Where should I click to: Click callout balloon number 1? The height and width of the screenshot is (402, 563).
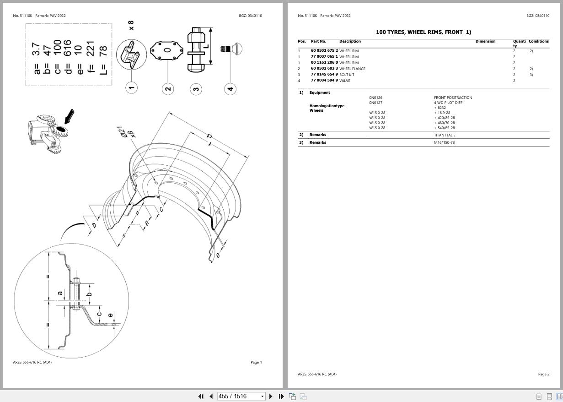(131, 88)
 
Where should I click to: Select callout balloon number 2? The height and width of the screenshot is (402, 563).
(168, 88)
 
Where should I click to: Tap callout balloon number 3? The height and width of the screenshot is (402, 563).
(196, 88)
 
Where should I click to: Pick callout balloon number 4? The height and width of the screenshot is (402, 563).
(231, 88)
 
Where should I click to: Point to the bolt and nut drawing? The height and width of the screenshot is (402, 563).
(196, 49)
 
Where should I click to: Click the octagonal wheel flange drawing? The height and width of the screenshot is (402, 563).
(167, 50)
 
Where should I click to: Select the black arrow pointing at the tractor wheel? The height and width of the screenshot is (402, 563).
(69, 116)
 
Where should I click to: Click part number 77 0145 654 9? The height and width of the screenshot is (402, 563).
(324, 75)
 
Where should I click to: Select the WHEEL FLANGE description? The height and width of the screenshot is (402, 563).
(352, 69)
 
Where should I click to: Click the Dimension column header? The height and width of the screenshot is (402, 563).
(485, 41)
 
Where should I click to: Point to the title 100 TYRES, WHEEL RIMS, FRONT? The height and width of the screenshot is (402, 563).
(423, 32)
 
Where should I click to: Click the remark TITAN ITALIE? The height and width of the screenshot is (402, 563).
(445, 135)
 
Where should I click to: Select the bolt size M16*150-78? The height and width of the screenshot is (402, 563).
(444, 142)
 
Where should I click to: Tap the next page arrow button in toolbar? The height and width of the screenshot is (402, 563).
(271, 396)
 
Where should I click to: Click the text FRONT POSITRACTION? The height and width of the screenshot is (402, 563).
(453, 98)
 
